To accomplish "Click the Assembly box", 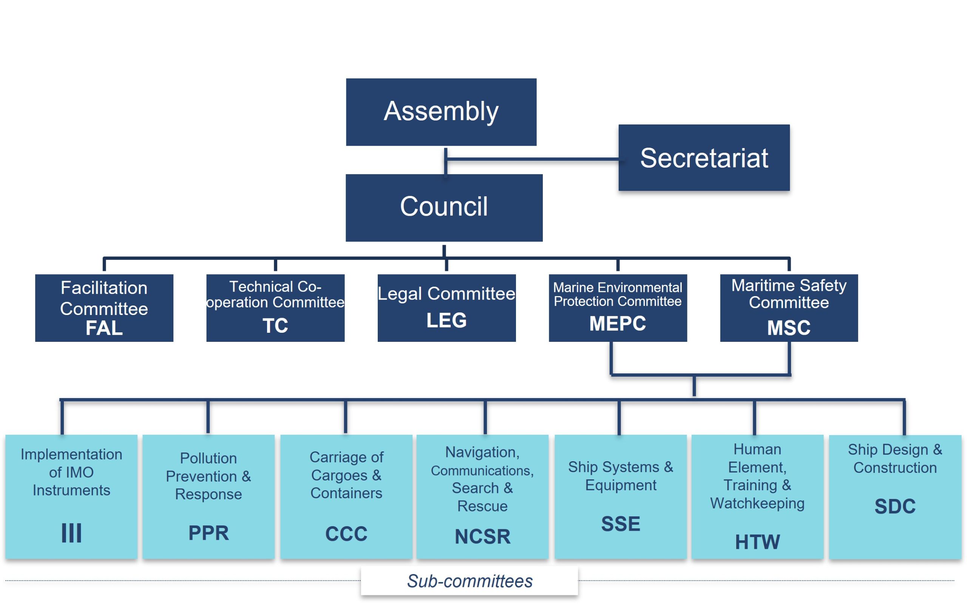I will pyautogui.click(x=441, y=112).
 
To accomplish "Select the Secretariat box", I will pyautogui.click(x=704, y=158).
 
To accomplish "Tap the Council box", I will pyautogui.click(x=444, y=207).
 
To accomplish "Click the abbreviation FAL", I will pyautogui.click(x=104, y=328).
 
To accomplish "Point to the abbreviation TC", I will pyautogui.click(x=275, y=325).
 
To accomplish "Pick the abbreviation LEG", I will pyautogui.click(x=446, y=320).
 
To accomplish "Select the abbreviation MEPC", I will pyautogui.click(x=617, y=323).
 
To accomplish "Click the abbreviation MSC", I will pyautogui.click(x=788, y=328).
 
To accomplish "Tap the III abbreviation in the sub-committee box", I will pyautogui.click(x=71, y=533).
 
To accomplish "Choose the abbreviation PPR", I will pyautogui.click(x=209, y=533).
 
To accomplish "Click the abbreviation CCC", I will pyautogui.click(x=346, y=534).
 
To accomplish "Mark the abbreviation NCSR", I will pyautogui.click(x=482, y=537).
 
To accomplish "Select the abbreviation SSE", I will pyautogui.click(x=621, y=524).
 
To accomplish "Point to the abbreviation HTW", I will pyautogui.click(x=757, y=542).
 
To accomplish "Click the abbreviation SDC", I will pyautogui.click(x=895, y=507).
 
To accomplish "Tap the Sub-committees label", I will pyautogui.click(x=469, y=581).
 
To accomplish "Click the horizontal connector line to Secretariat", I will pyautogui.click(x=534, y=159).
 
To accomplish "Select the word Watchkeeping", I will pyautogui.click(x=757, y=503).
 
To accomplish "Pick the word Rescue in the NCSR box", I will pyautogui.click(x=482, y=506).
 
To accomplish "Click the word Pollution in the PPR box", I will pyautogui.click(x=209, y=458).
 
